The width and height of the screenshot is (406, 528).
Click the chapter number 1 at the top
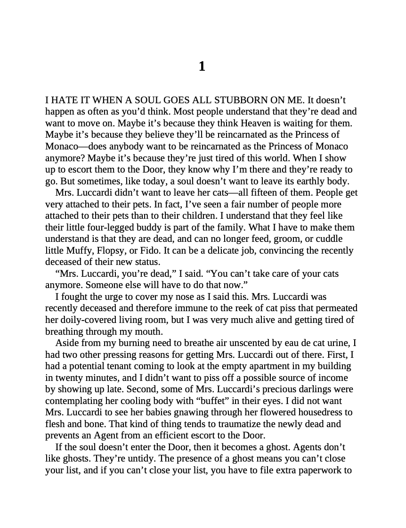202,66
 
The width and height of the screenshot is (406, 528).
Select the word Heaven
258,123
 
